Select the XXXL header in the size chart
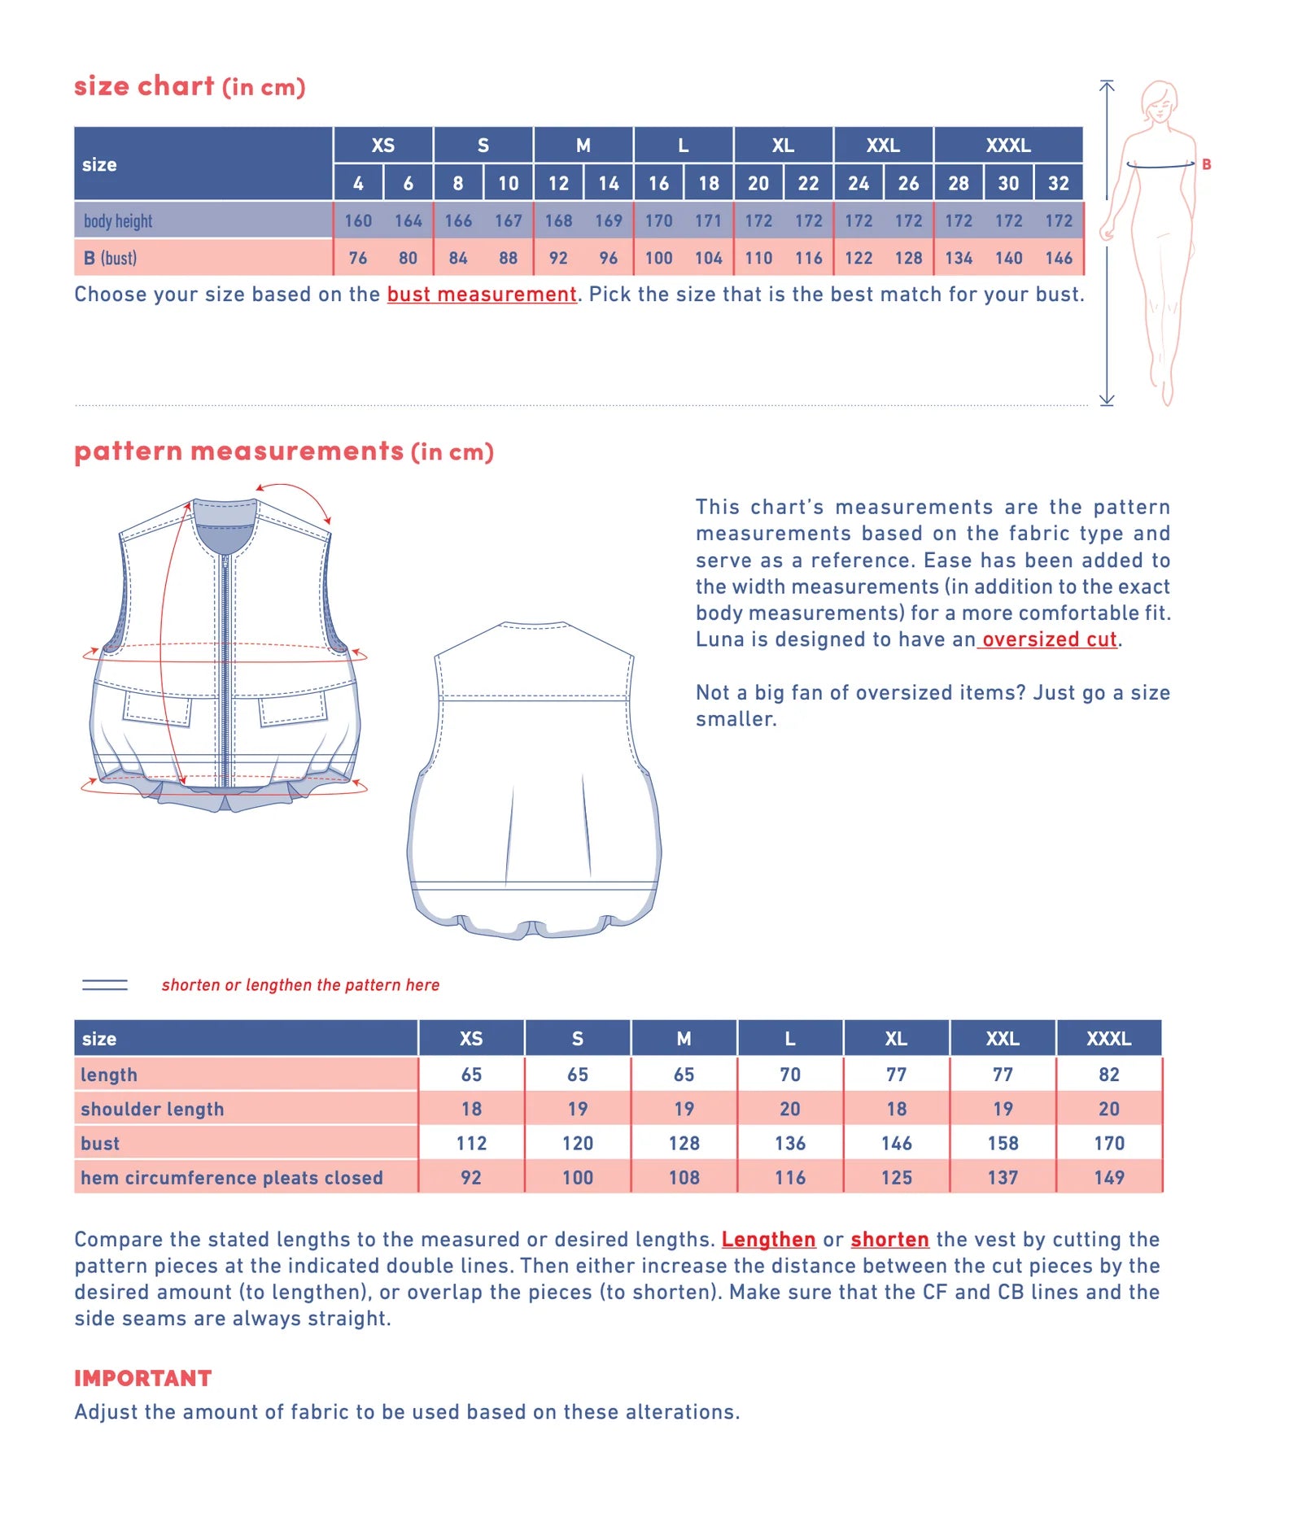[x=1007, y=146]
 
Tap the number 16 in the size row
[x=658, y=183]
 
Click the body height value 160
[x=358, y=220]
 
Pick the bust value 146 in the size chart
[x=1058, y=258]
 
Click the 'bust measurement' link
[x=481, y=294]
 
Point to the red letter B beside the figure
[x=1206, y=164]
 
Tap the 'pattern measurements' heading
[x=238, y=451]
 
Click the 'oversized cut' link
[x=1048, y=639]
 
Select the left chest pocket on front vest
[x=157, y=709]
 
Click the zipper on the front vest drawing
[x=225, y=667]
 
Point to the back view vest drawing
[x=534, y=781]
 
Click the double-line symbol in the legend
[x=105, y=985]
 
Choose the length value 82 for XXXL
[x=1108, y=1075]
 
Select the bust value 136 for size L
[x=789, y=1143]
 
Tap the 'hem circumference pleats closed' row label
[x=231, y=1177]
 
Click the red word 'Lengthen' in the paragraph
[x=768, y=1239]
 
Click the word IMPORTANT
[x=142, y=1378]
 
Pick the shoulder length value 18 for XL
[x=896, y=1109]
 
